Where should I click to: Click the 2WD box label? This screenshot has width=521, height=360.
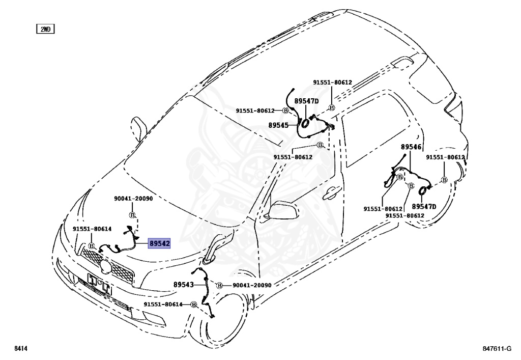45,29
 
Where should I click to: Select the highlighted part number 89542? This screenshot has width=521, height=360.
159,244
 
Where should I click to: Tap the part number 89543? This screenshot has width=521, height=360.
183,285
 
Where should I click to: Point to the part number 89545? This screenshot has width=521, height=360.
278,125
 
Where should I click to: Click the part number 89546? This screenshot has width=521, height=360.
411,147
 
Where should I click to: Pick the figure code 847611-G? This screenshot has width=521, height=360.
497,349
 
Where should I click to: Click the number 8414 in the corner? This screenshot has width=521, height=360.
21,349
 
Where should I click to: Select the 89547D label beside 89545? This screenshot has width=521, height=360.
306,101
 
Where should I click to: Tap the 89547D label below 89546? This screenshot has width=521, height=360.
424,207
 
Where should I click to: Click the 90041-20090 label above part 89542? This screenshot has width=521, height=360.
133,199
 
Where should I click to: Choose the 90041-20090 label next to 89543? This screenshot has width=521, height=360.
252,285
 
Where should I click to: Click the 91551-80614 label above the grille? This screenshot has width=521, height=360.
92,229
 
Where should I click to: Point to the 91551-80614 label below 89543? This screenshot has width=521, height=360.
163,304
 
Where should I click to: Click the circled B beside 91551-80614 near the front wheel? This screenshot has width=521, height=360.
194,304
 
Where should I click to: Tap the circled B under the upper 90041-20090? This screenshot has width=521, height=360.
132,215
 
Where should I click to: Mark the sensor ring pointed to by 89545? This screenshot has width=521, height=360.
305,123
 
